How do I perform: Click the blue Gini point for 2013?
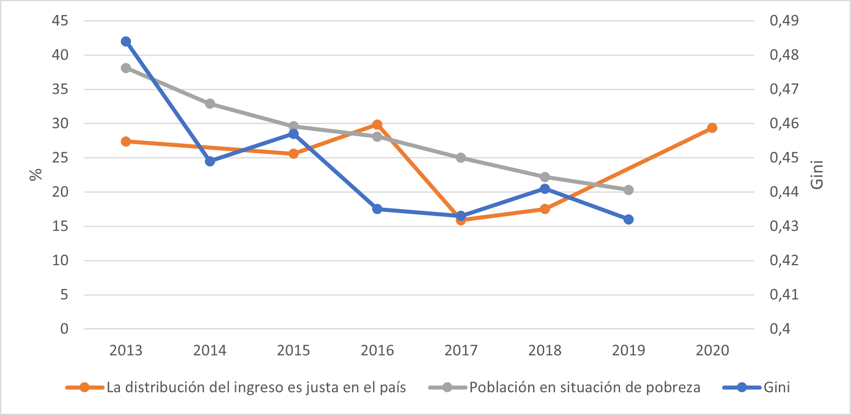(x=126, y=42)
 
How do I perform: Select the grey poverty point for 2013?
(x=126, y=68)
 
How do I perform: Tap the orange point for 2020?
(x=712, y=128)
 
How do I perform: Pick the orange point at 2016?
(x=377, y=125)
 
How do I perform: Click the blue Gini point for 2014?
(x=210, y=161)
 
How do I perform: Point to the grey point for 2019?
(x=628, y=190)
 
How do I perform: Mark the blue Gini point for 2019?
(x=628, y=220)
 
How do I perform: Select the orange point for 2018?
(x=545, y=209)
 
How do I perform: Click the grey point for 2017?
(x=461, y=158)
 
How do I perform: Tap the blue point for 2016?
(x=377, y=209)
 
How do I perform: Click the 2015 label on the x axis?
(x=293, y=350)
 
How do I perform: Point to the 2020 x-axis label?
(x=712, y=350)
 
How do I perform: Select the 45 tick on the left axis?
(x=60, y=21)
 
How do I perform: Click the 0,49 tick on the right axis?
(x=784, y=21)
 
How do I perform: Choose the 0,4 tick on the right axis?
(x=780, y=329)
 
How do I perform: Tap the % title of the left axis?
(x=36, y=174)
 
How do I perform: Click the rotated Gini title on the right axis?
(x=817, y=174)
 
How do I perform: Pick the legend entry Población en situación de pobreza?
(x=584, y=388)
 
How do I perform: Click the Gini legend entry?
(x=776, y=388)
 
